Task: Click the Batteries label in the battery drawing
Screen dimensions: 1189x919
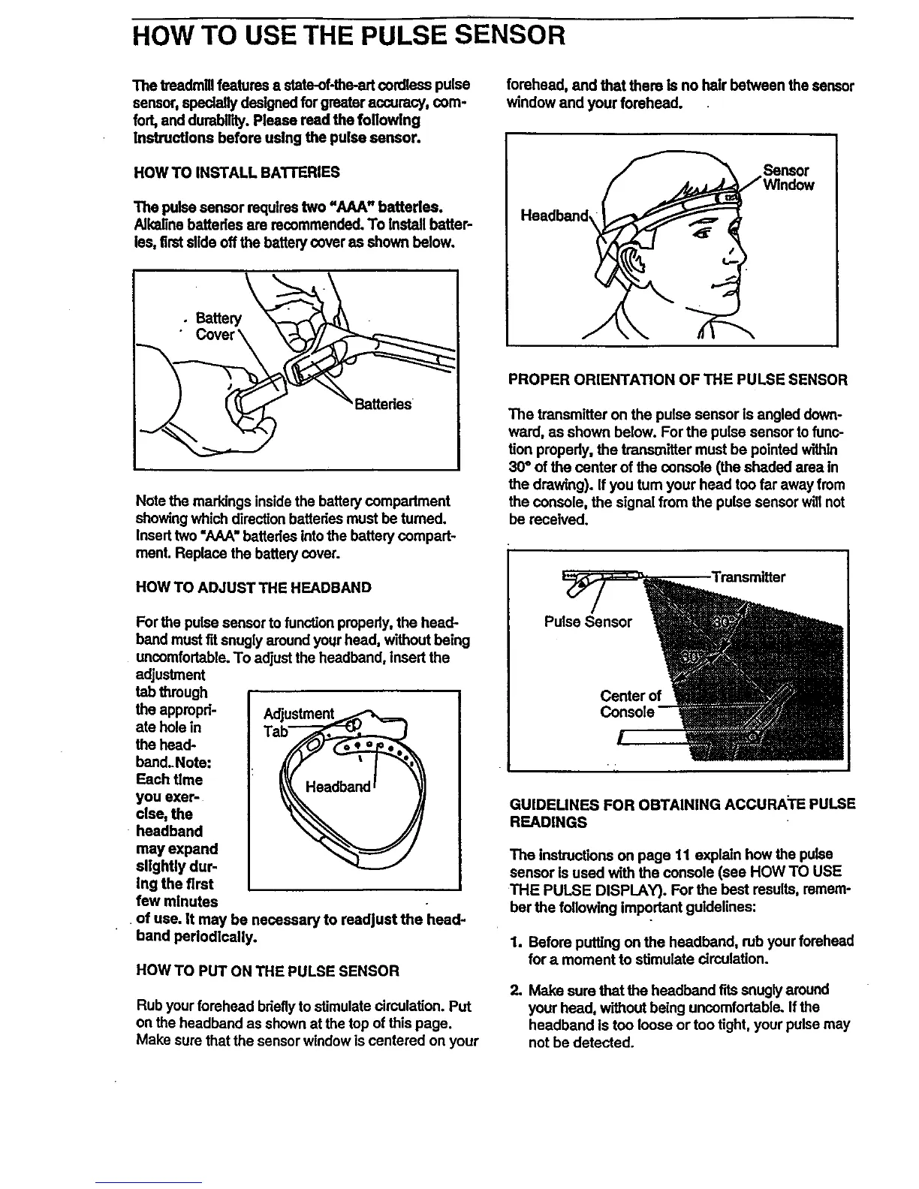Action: pos(383,404)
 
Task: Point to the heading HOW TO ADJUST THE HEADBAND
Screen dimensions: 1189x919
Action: pos(253,587)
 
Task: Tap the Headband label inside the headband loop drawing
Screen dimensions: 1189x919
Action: pos(338,787)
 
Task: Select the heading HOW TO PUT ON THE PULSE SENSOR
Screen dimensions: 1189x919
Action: pos(268,971)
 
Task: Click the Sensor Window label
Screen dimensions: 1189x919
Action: pos(788,177)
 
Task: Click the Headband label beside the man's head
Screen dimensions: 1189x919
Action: pos(553,216)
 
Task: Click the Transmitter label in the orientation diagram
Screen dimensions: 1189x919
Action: pos(748,577)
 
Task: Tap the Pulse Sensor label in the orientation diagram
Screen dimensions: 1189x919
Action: pos(588,622)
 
